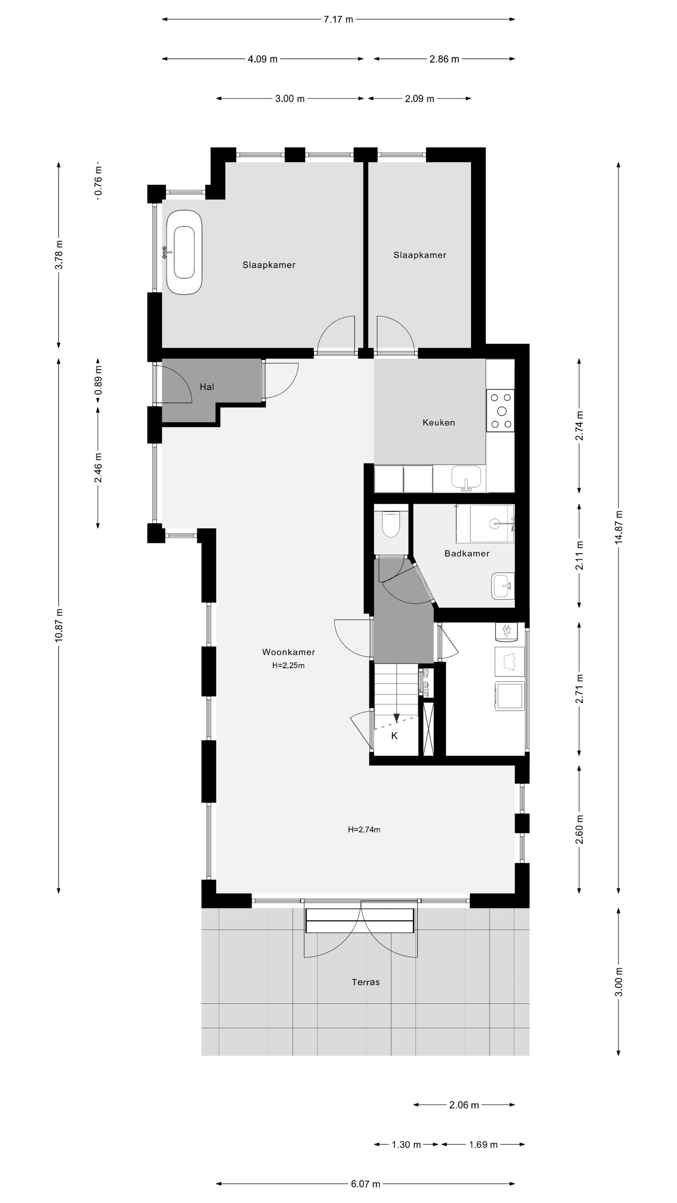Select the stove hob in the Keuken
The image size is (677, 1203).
(501, 411)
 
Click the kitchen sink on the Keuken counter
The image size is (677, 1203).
(466, 477)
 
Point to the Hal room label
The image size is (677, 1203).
(207, 387)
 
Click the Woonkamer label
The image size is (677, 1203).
(288, 652)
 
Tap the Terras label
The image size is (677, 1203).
(365, 982)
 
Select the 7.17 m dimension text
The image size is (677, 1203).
(338, 20)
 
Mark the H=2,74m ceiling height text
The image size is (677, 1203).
(364, 829)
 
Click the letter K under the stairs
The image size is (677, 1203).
(394, 736)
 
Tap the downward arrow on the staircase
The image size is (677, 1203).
(396, 718)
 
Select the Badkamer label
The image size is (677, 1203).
(467, 554)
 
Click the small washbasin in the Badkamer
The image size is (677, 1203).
(503, 586)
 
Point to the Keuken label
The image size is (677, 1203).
(439, 422)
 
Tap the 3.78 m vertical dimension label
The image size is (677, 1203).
(59, 254)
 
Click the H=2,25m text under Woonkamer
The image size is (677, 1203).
(288, 665)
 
